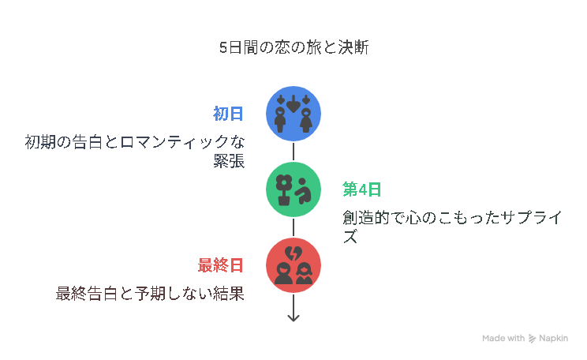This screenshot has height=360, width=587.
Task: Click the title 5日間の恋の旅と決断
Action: (293, 47)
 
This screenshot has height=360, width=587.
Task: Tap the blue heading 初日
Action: (228, 114)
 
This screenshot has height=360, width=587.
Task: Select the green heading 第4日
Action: (361, 189)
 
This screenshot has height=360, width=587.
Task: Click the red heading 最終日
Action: (220, 265)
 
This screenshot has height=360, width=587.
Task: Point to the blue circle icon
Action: (293, 114)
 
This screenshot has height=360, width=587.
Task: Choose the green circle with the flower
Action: (293, 189)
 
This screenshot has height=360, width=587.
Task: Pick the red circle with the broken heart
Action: (293, 265)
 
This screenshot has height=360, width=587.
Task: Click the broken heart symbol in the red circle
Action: (293, 253)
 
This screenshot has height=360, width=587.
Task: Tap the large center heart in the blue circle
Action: (293, 103)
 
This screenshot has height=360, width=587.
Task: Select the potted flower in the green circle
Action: (284, 189)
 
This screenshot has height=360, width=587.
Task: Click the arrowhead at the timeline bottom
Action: (293, 317)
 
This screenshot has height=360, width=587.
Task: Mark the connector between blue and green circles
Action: (293, 152)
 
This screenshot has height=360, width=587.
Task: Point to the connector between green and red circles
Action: (293, 227)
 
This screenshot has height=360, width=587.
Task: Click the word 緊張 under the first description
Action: (229, 161)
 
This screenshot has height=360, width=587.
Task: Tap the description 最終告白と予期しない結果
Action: (150, 294)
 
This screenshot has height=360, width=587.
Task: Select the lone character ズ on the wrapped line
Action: (350, 237)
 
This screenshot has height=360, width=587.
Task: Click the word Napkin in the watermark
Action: (553, 338)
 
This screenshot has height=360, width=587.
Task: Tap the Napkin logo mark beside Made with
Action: (532, 339)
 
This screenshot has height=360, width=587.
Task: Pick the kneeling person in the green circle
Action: (303, 191)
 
